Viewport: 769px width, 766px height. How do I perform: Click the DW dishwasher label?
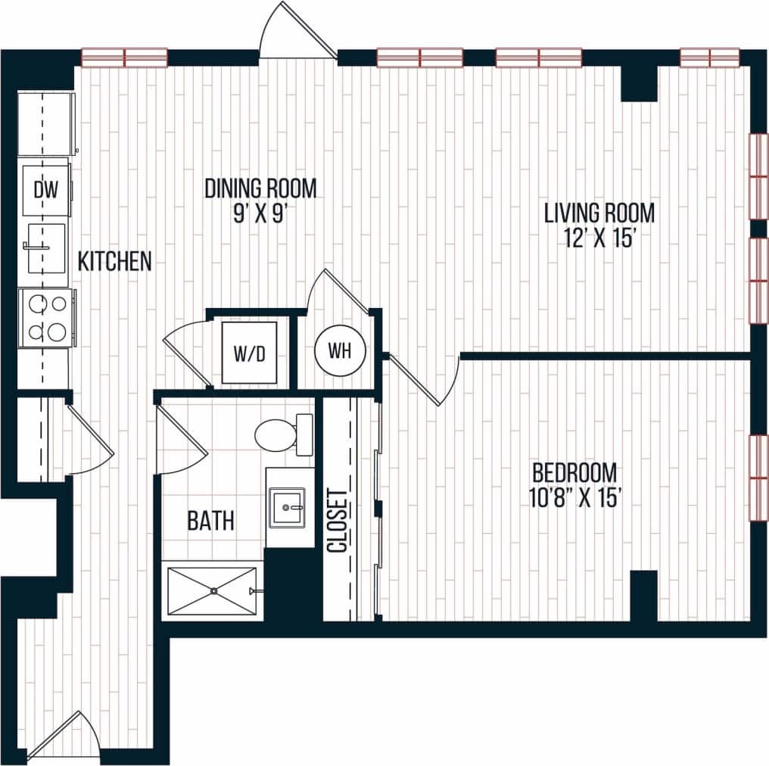click(45, 190)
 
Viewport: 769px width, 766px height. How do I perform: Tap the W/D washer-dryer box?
click(248, 352)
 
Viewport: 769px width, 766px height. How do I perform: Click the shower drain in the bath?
click(214, 590)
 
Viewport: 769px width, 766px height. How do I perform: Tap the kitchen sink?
click(45, 247)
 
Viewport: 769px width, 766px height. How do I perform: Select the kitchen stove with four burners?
click(46, 318)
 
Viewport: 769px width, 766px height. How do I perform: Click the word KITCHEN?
click(115, 262)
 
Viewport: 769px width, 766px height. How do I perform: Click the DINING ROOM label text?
click(260, 188)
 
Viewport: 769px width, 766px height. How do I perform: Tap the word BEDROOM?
click(574, 473)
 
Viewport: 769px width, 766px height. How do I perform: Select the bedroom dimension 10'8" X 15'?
click(574, 498)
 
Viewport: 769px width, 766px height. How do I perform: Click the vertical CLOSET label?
click(338, 522)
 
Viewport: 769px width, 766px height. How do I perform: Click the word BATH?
click(210, 521)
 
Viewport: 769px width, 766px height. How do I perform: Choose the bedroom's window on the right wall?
click(758, 478)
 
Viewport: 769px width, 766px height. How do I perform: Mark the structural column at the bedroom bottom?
click(643, 596)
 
